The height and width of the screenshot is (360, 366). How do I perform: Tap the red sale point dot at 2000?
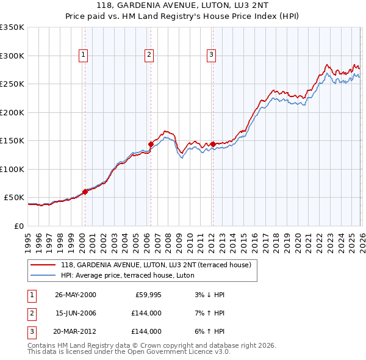coord(85,192)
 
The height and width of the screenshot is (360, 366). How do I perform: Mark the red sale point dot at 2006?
coord(151,145)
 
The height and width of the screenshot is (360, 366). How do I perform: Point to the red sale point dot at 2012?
coord(212,145)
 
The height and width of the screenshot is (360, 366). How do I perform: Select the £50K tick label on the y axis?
coord(14,198)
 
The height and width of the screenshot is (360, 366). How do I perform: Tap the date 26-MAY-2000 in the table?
coord(76,295)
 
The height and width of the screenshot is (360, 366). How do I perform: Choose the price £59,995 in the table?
coord(148,295)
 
